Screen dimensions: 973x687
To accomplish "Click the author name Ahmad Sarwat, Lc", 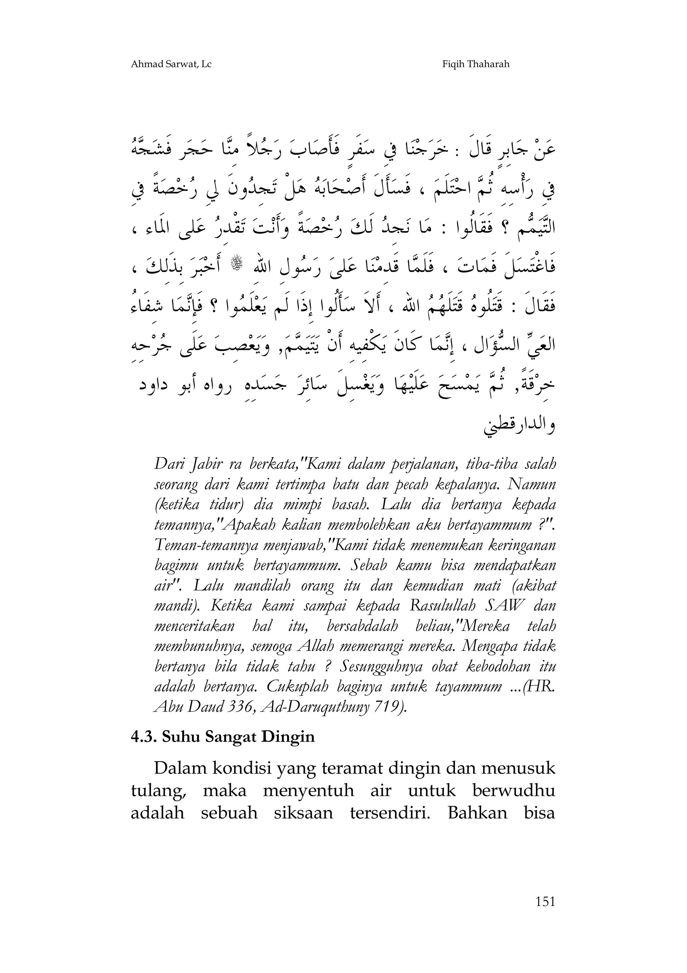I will point(171,64).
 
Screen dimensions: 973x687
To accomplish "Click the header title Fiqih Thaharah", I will point(476,64).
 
